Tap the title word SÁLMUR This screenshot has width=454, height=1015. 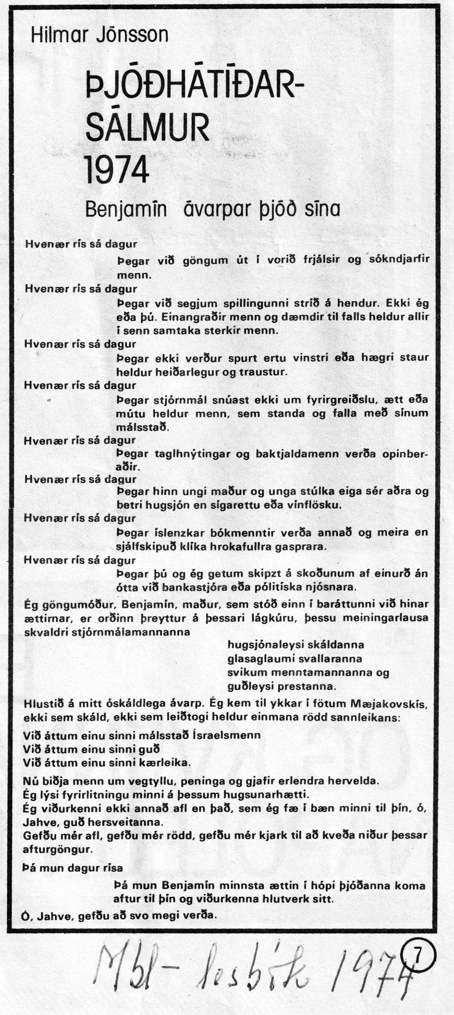tap(147, 127)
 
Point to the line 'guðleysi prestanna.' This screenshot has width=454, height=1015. tap(281, 686)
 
